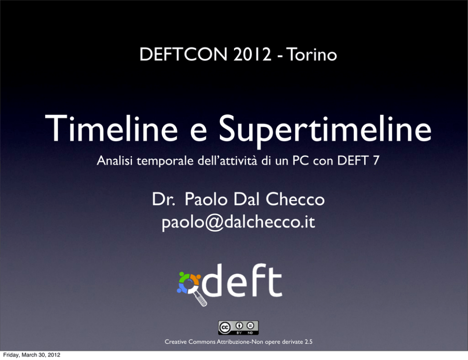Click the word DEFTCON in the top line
click(184, 54)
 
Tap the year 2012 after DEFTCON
click(252, 54)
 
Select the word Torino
click(311, 54)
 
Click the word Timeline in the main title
click(111, 128)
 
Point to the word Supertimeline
click(326, 131)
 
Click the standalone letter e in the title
click(199, 133)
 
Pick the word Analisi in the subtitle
click(115, 160)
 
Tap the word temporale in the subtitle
click(165, 161)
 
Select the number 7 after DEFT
click(376, 160)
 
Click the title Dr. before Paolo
click(163, 199)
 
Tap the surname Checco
click(295, 199)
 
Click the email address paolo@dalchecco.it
click(238, 222)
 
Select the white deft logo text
click(242, 280)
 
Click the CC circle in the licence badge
click(225, 328)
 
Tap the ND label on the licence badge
click(251, 333)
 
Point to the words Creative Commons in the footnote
click(190, 342)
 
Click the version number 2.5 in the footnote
click(309, 342)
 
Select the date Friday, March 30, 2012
click(32, 355)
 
